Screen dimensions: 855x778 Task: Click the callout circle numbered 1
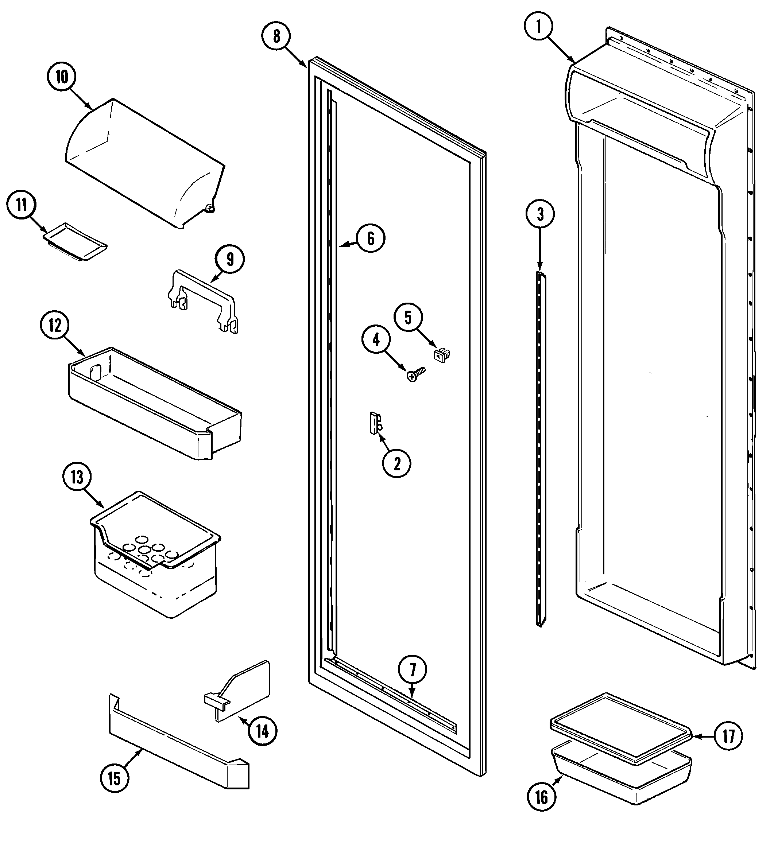(x=538, y=27)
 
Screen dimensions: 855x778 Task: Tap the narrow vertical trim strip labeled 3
(x=540, y=450)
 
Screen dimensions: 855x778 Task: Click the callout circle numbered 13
(x=77, y=477)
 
